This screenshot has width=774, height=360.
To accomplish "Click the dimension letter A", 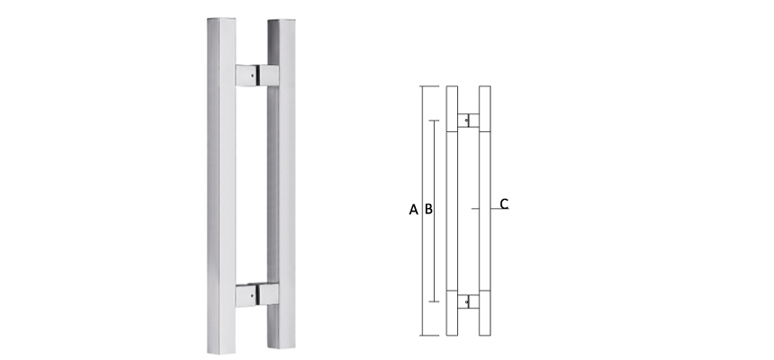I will tap(413, 210).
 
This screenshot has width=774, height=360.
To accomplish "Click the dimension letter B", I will tap(428, 210).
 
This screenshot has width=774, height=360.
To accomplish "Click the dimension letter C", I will tap(504, 203).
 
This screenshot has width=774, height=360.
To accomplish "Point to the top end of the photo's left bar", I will tap(221, 19).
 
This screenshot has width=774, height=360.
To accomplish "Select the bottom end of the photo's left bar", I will tap(221, 349).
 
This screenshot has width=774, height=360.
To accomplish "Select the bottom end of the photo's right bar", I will tap(282, 347).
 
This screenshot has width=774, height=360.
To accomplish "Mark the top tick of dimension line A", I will tap(429, 86).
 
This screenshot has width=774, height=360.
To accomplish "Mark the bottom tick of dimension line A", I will tap(429, 335).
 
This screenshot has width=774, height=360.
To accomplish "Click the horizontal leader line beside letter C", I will tap(493, 209).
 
